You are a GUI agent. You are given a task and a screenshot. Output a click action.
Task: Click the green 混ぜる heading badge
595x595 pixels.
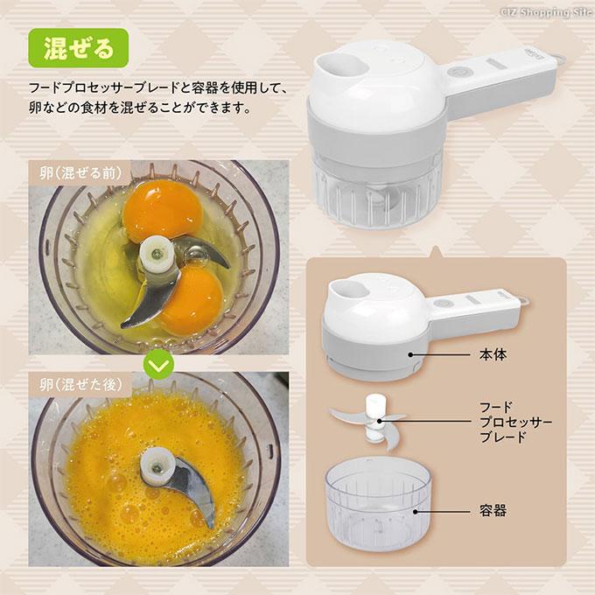coord(79,48)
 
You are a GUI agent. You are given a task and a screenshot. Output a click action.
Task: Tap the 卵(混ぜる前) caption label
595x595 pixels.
coord(80,173)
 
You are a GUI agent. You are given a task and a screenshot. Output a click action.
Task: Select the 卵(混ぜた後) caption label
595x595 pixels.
coord(80,385)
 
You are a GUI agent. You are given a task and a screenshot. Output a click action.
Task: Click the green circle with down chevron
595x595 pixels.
coord(159,365)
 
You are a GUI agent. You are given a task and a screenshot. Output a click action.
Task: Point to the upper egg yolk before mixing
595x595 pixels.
coord(163,211)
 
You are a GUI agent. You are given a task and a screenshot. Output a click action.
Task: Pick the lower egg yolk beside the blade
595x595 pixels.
coord(194,300)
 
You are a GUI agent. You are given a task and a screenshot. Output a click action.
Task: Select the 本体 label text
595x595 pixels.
coord(493,354)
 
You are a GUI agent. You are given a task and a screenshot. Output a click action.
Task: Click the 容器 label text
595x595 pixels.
coord(493,511)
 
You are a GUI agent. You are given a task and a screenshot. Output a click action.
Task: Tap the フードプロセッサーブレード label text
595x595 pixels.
coord(515,422)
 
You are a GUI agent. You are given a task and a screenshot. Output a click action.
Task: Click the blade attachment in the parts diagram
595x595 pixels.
coord(369,422)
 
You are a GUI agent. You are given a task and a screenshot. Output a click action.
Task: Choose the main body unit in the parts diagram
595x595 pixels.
coord(425,326)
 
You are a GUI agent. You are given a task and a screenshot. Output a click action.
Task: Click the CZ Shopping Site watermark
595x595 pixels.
coord(547,12)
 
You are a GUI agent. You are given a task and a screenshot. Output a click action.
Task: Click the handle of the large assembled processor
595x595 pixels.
coord(500,80)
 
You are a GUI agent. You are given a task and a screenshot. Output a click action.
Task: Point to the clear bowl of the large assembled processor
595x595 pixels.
coord(378,193)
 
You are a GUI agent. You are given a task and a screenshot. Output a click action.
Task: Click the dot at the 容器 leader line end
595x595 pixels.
coord(416,512)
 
